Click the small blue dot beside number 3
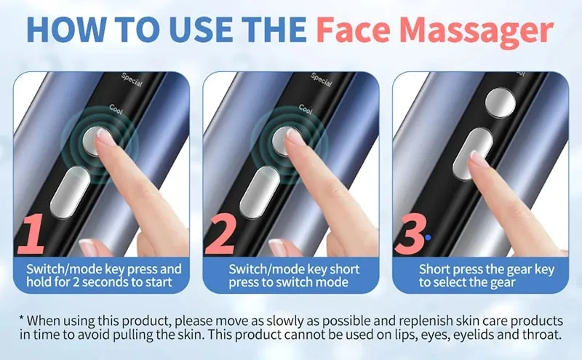(429, 236)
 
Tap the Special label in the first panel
(131, 79)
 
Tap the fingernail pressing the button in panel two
(294, 135)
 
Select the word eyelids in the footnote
(446, 335)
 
